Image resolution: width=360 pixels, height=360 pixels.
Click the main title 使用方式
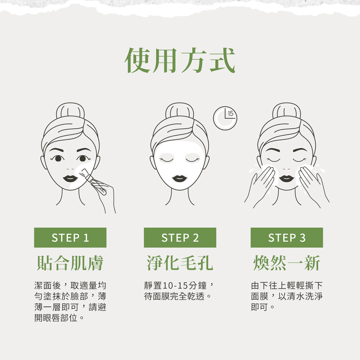click(x=180, y=60)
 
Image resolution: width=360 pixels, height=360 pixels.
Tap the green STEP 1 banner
click(x=70, y=238)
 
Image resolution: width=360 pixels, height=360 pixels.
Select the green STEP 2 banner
click(x=180, y=238)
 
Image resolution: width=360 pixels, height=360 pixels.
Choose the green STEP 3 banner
click(x=287, y=238)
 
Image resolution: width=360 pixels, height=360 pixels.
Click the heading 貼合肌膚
click(x=70, y=263)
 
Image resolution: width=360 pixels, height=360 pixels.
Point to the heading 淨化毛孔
click(x=180, y=263)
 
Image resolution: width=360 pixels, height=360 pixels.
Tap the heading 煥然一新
click(x=287, y=263)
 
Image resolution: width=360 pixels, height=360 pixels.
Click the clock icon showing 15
click(x=225, y=118)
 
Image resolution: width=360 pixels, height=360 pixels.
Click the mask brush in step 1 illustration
click(x=93, y=181)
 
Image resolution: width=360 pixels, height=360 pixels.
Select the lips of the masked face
click(x=180, y=179)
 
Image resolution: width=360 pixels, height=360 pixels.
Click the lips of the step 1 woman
click(x=70, y=179)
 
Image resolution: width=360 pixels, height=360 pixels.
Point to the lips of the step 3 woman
click(x=287, y=179)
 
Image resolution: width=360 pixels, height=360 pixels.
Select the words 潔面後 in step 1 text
click(x=48, y=285)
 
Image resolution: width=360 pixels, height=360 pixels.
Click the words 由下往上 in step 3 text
click(x=269, y=285)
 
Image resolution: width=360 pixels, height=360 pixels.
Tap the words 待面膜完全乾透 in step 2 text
click(x=175, y=296)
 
